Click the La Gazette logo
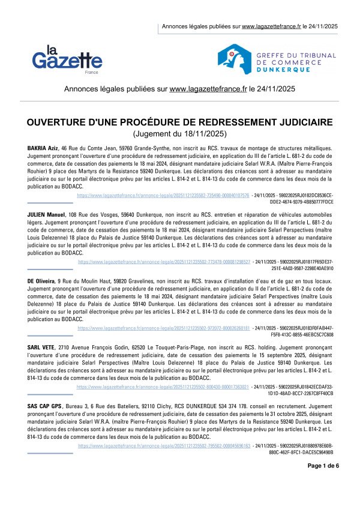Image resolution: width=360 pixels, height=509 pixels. [67, 59]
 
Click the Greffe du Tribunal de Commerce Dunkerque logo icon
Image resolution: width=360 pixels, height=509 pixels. [234, 58]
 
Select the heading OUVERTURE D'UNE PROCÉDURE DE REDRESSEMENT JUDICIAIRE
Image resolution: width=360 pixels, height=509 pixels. [180, 122]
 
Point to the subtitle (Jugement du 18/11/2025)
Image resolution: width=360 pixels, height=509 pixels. [180, 134]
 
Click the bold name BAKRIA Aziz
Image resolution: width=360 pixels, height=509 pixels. [42, 148]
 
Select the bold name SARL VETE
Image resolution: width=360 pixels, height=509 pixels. [41, 348]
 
